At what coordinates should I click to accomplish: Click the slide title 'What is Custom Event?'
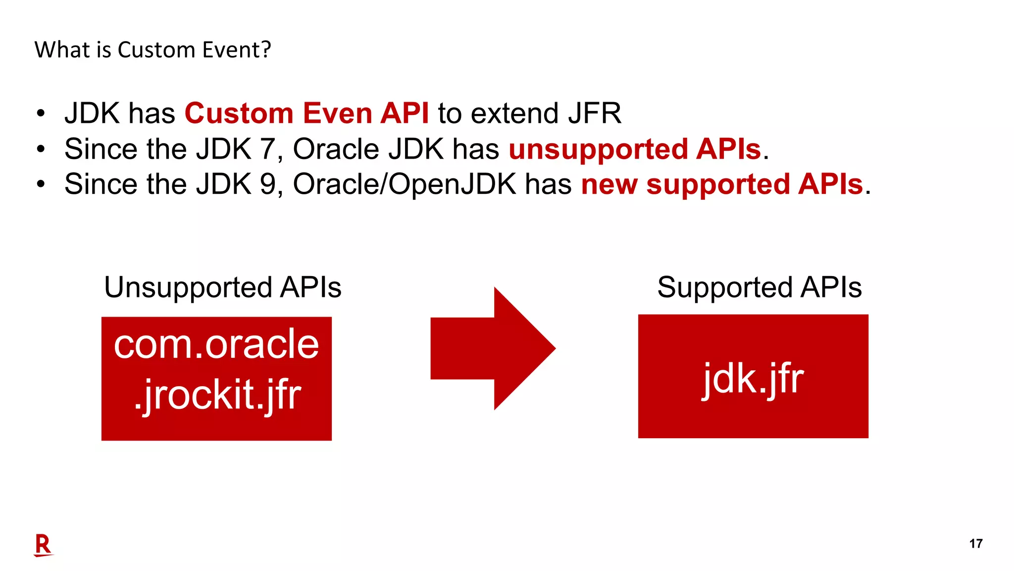(x=152, y=50)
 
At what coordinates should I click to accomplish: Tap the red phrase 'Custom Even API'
(x=306, y=113)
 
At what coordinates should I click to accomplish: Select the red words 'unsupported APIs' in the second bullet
(x=635, y=149)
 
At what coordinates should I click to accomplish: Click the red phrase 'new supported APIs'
(x=722, y=184)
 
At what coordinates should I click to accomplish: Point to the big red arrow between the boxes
(x=493, y=348)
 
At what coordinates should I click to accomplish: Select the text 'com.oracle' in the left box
(x=216, y=344)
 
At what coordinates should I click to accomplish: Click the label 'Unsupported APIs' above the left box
(x=223, y=287)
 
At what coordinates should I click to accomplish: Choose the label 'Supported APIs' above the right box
(x=759, y=287)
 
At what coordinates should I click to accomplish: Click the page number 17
(x=975, y=544)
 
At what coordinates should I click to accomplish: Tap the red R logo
(x=43, y=545)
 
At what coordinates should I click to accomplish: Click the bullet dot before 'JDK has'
(x=41, y=114)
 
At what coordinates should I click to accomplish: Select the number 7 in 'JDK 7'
(x=267, y=149)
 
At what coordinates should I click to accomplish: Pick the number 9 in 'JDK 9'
(x=267, y=184)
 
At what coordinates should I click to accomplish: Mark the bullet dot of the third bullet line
(x=41, y=184)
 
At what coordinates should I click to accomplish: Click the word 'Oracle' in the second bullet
(x=336, y=149)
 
